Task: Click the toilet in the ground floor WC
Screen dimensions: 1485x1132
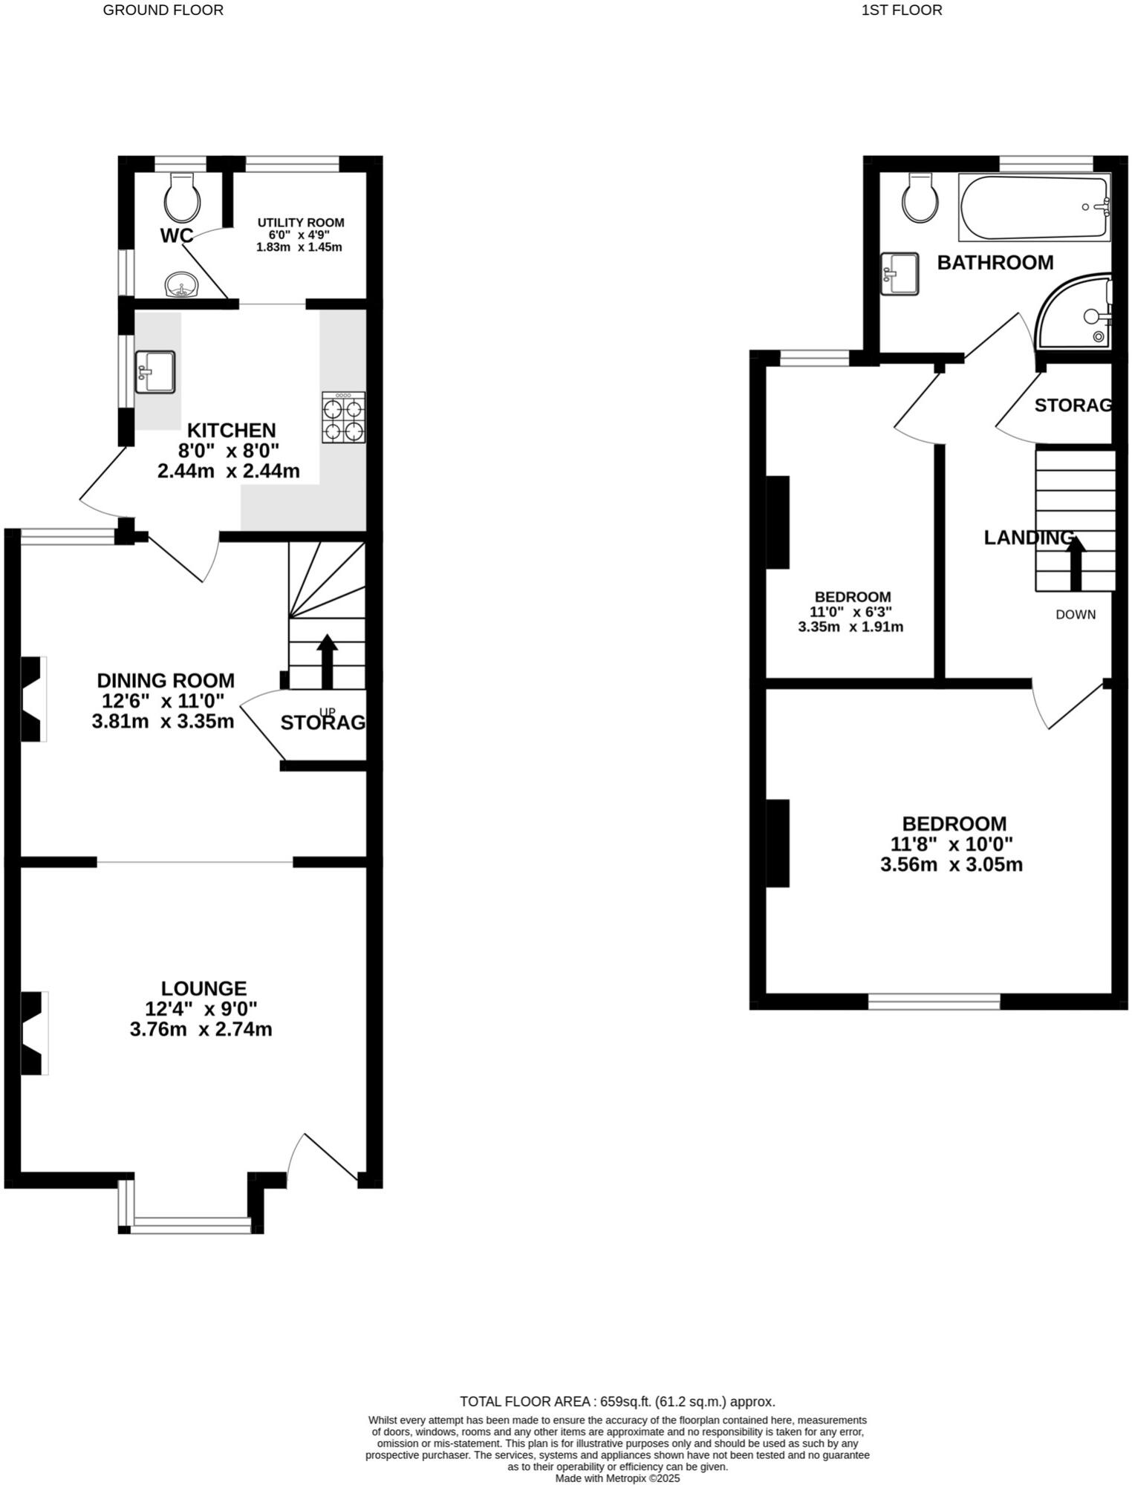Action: (x=182, y=197)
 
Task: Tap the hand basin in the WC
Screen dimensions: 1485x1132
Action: (x=181, y=285)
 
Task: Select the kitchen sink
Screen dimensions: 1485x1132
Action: (x=155, y=372)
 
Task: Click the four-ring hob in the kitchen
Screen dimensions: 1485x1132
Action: (x=343, y=419)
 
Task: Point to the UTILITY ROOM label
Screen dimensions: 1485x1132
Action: (x=301, y=223)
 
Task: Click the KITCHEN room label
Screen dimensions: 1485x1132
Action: (x=231, y=431)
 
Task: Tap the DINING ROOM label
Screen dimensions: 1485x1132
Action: (x=166, y=681)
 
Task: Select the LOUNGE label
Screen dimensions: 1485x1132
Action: (x=204, y=989)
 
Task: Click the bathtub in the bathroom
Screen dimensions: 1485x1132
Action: (x=1034, y=207)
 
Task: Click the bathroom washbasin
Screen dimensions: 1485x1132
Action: (x=899, y=274)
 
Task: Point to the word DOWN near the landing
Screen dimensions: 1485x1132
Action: (x=1076, y=615)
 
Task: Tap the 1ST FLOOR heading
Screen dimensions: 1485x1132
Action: (x=902, y=10)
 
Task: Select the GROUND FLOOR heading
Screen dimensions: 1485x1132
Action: (x=163, y=10)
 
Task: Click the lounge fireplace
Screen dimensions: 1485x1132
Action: (x=33, y=1033)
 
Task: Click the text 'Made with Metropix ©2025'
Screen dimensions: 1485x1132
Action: (x=617, y=1478)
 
